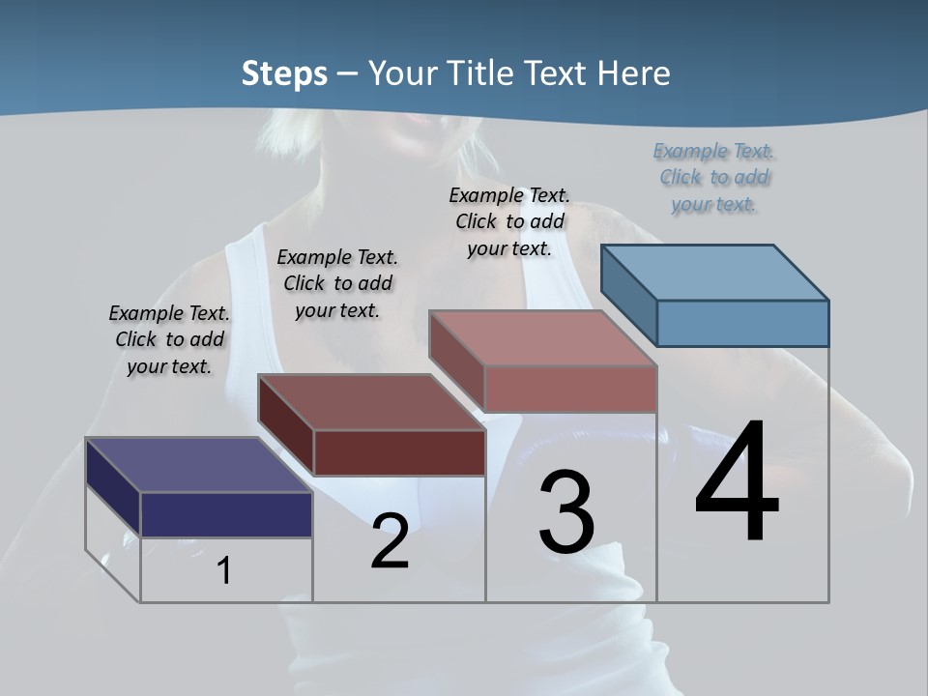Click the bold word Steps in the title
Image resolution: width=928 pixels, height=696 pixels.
(284, 73)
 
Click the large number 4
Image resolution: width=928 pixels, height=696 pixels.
(737, 482)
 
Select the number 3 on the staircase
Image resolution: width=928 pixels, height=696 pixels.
(566, 511)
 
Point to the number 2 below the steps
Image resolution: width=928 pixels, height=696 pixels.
(390, 541)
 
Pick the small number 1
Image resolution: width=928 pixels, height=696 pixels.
(224, 571)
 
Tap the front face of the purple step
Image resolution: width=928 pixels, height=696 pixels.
(226, 514)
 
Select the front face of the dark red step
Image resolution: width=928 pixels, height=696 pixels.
(399, 452)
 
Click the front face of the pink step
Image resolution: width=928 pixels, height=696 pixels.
(570, 389)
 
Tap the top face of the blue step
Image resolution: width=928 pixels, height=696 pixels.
(714, 272)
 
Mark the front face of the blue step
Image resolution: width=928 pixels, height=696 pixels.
(742, 323)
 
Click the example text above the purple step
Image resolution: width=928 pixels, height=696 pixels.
(169, 339)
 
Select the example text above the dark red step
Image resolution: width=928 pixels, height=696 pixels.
(337, 283)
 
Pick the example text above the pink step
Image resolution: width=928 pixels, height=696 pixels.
(509, 221)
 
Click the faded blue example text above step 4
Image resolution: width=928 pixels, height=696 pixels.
(714, 177)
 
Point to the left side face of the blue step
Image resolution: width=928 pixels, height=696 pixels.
(628, 295)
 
